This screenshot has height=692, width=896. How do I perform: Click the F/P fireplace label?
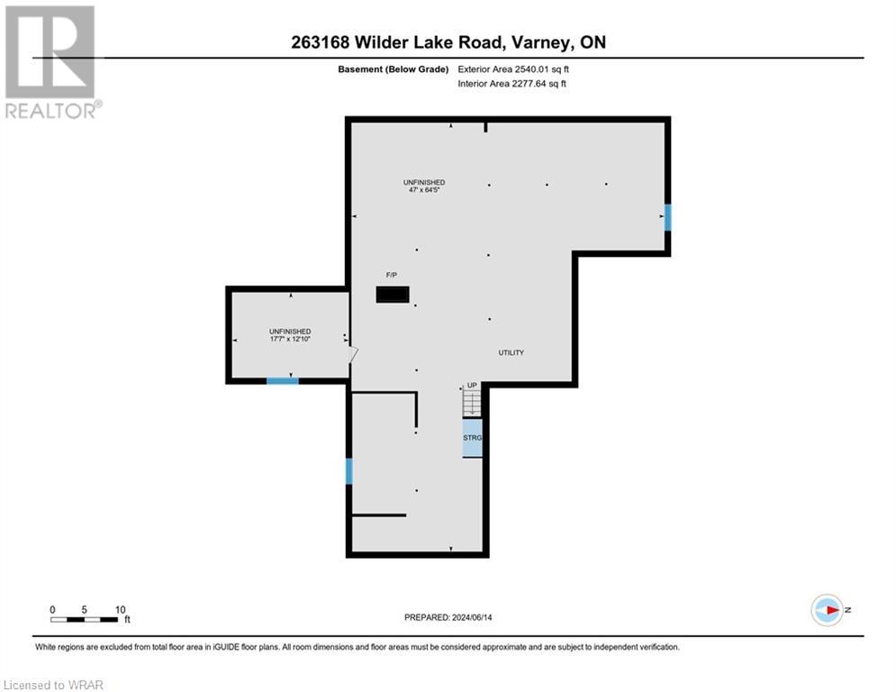click(392, 275)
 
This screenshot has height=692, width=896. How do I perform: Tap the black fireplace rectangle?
click(393, 295)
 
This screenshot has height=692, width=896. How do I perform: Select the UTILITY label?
click(511, 352)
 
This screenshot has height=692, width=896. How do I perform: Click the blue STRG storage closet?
click(473, 438)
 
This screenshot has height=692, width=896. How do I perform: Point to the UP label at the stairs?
click(472, 385)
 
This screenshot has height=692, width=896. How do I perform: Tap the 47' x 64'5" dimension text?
click(423, 190)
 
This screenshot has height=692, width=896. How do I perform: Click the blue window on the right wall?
click(667, 217)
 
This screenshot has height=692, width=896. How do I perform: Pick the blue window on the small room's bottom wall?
click(282, 381)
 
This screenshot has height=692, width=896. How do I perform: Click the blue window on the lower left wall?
click(348, 471)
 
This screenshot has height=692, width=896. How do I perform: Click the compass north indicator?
click(827, 610)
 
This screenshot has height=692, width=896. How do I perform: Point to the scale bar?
click(86, 618)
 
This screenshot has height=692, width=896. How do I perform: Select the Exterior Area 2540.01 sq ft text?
click(512, 68)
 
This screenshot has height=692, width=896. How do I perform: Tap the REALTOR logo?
click(50, 62)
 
